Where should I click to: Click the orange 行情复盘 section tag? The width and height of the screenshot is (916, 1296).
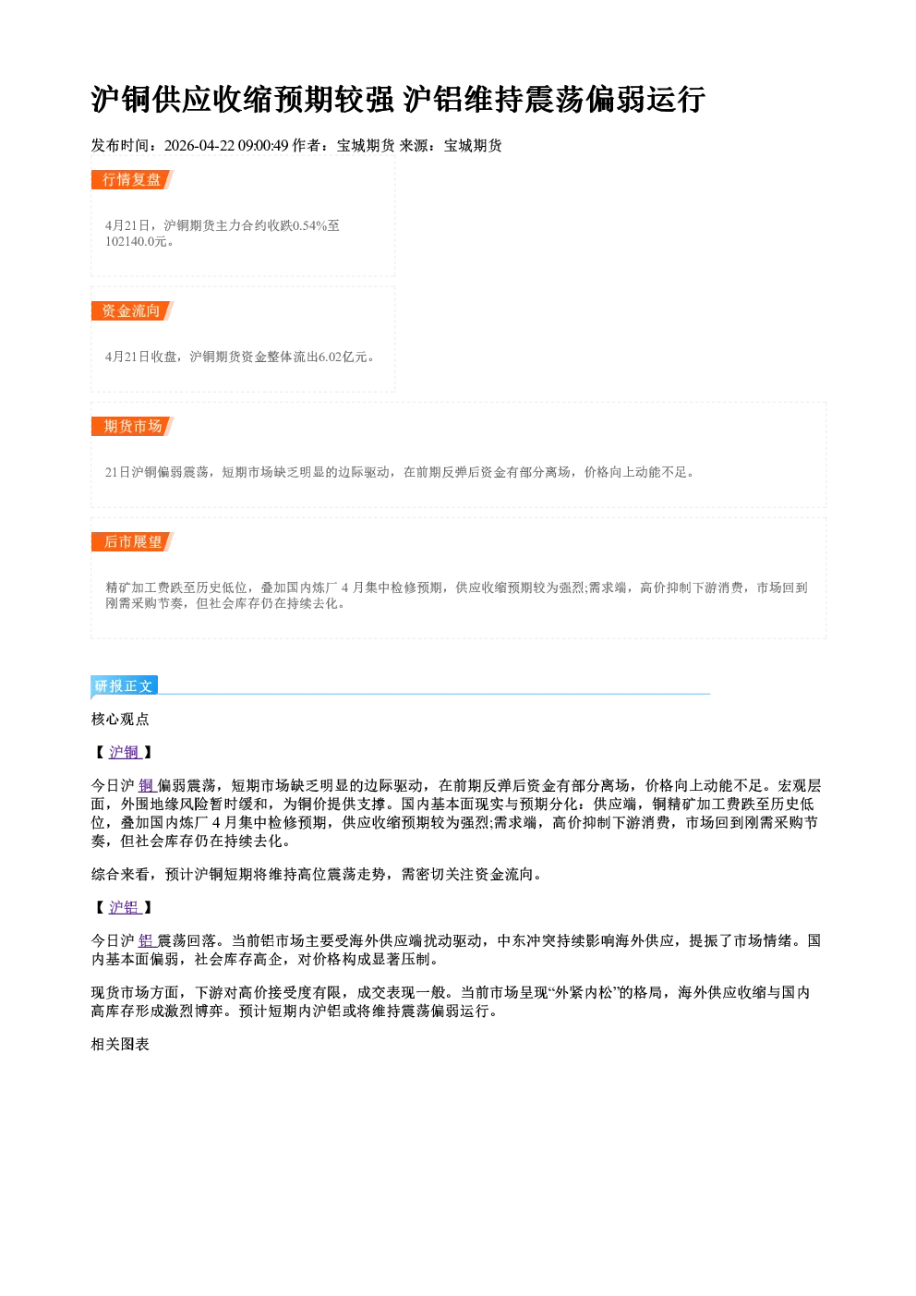click(x=132, y=179)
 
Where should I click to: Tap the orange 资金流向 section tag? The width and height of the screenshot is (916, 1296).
click(x=132, y=310)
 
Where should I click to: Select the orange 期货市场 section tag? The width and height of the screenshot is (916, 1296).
click(x=132, y=427)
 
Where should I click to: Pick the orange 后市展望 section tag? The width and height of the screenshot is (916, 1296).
click(x=132, y=541)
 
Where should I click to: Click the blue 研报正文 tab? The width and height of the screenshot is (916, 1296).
click(x=124, y=686)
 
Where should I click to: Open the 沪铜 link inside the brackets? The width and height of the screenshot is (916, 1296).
click(x=125, y=752)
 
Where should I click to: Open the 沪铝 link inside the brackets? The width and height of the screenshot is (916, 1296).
click(x=125, y=907)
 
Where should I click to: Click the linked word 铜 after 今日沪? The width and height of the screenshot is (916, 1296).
click(x=147, y=786)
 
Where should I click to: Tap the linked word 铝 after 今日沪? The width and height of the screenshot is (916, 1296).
click(x=147, y=940)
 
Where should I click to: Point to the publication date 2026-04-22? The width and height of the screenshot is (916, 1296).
click(x=199, y=145)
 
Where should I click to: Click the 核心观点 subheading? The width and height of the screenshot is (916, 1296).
click(x=120, y=720)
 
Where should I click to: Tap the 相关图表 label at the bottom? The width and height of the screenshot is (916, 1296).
click(x=120, y=1045)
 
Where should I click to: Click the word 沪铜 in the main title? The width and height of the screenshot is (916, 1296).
click(x=121, y=100)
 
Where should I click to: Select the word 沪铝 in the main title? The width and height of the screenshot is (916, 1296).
click(x=433, y=100)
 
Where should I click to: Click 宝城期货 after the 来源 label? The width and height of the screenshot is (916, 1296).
click(x=473, y=145)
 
